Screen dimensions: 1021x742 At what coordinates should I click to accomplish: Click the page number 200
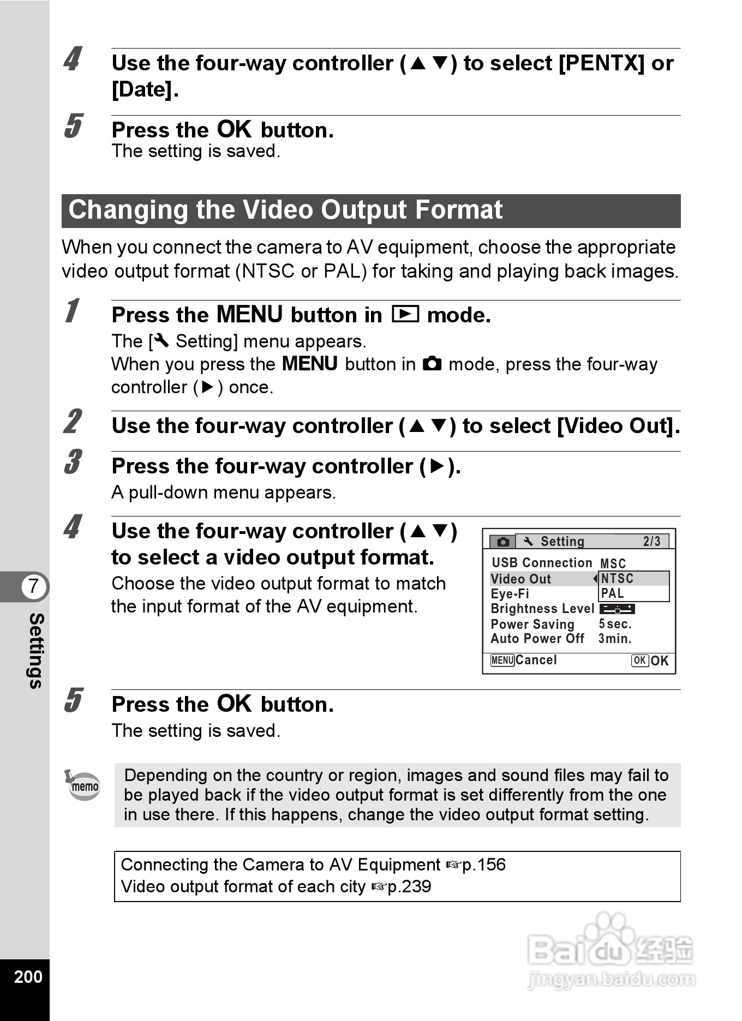pos(28,976)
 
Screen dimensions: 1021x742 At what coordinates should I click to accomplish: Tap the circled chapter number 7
pos(34,586)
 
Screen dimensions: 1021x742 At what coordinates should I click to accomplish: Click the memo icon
pos(83,785)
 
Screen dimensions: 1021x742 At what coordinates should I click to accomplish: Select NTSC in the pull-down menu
pos(618,579)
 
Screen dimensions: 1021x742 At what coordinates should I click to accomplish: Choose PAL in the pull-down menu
pos(613,593)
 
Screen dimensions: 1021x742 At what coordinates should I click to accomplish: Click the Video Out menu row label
pos(521,579)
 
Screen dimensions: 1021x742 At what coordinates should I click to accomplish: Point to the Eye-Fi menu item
pos(510,594)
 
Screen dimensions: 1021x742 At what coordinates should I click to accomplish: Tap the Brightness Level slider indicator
pos(617,609)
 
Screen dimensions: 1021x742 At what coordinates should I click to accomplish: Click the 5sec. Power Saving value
pos(615,624)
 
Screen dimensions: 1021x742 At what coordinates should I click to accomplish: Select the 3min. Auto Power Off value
pos(615,639)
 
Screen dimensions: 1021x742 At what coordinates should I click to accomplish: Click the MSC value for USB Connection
pos(613,563)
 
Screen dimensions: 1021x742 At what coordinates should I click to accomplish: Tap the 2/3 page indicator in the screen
pos(651,541)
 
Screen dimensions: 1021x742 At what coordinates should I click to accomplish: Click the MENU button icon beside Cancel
pos(502,660)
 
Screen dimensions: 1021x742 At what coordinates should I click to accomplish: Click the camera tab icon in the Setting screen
pos(503,542)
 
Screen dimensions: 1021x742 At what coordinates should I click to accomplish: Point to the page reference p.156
pos(483,865)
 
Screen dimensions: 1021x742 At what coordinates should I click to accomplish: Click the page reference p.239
pos(409,887)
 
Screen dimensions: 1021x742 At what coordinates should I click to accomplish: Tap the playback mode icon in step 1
pos(405,315)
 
